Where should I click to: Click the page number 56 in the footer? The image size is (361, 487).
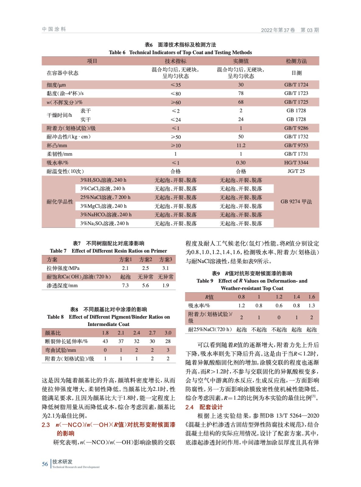point(45,464)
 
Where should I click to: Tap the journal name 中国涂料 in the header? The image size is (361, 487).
point(54,29)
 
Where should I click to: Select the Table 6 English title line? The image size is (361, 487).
point(180,52)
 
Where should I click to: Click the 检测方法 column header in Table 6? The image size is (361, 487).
point(296,61)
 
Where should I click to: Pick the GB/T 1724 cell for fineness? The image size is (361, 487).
point(296,85)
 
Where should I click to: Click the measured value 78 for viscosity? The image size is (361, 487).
point(241,93)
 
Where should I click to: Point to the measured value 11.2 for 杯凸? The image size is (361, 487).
point(241,145)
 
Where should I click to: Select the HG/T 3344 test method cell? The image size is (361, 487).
point(296,163)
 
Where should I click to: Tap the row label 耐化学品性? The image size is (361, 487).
point(60,201)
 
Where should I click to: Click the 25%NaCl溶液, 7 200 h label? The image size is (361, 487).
point(105,197)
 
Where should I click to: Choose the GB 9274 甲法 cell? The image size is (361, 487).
point(296,201)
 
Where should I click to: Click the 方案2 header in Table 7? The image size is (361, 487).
point(145,260)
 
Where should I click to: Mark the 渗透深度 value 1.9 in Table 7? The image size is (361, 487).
point(165,286)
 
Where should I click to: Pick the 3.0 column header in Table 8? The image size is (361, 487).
point(168,333)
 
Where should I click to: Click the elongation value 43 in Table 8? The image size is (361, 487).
point(105,341)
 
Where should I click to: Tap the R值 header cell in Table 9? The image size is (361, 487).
point(209,297)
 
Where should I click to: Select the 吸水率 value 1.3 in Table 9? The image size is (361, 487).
point(311,305)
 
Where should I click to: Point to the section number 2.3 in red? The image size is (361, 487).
point(46,425)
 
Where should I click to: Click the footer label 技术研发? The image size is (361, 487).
point(62,462)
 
